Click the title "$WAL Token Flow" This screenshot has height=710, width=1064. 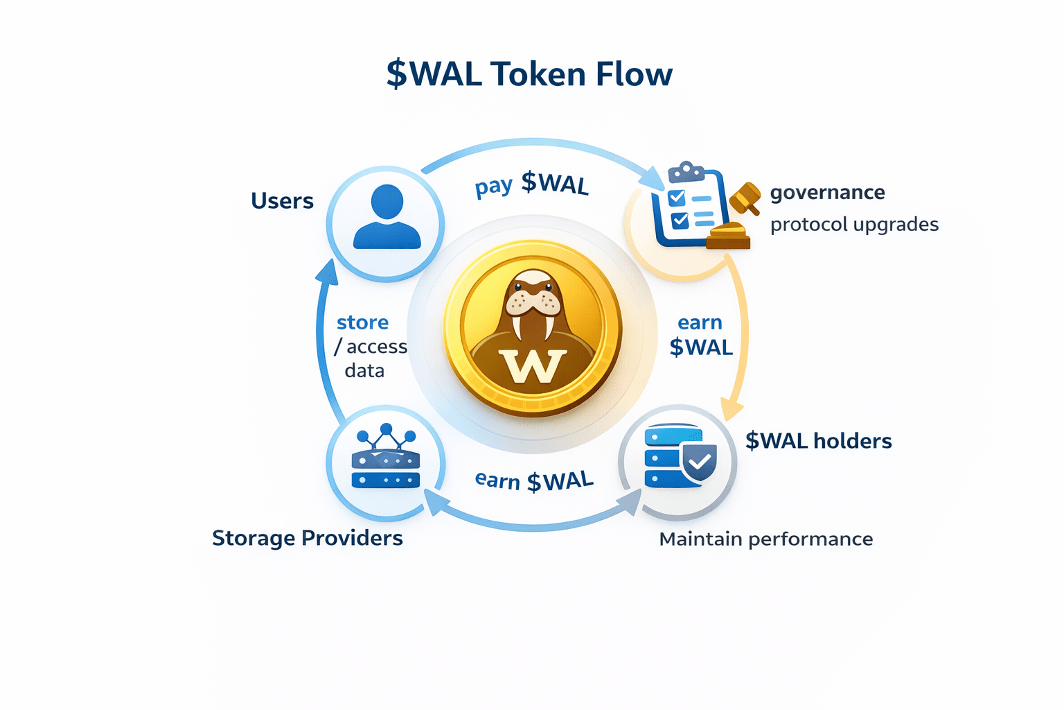click(x=529, y=74)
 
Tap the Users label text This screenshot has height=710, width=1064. click(x=282, y=201)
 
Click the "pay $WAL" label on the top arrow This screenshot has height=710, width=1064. click(x=531, y=184)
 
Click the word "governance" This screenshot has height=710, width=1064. click(x=827, y=192)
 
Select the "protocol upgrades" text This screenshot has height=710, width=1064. click(x=854, y=225)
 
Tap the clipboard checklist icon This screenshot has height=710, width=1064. click(x=688, y=205)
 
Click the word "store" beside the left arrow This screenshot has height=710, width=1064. click(x=362, y=322)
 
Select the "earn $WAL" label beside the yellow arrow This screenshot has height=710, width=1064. click(x=700, y=335)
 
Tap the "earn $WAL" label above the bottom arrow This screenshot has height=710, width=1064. click(x=534, y=480)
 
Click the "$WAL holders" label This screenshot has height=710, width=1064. click(x=818, y=441)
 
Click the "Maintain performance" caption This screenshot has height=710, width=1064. click(x=765, y=539)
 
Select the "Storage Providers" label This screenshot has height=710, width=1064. click(x=307, y=538)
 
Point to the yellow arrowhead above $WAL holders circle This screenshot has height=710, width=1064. click(x=731, y=408)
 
